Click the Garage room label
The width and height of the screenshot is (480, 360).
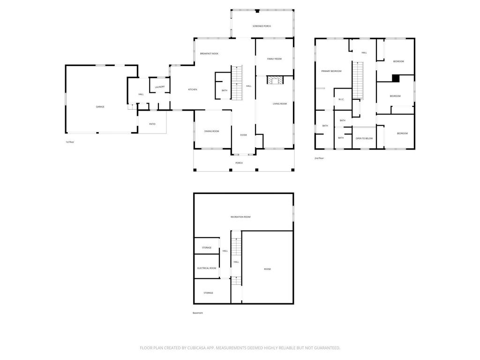100,107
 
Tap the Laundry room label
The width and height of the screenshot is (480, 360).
160,87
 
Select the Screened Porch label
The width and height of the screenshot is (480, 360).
262,26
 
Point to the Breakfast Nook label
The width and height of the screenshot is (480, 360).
209,54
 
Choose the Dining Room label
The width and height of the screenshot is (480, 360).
211,131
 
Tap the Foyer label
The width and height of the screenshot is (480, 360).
243,135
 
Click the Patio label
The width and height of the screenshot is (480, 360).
152,124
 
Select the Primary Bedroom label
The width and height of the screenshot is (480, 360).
331,71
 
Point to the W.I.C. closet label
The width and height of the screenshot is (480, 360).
341,99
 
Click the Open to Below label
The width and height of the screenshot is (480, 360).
364,139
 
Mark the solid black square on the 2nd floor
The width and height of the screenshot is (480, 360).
396,78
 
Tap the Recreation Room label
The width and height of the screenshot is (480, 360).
240,217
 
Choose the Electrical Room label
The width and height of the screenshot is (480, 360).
207,268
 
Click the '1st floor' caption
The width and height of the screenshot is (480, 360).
70,142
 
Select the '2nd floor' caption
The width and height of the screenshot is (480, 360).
319,158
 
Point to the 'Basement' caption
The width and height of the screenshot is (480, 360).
198,313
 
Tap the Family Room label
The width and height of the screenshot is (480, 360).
274,59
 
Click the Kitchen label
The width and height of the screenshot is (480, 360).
193,90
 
